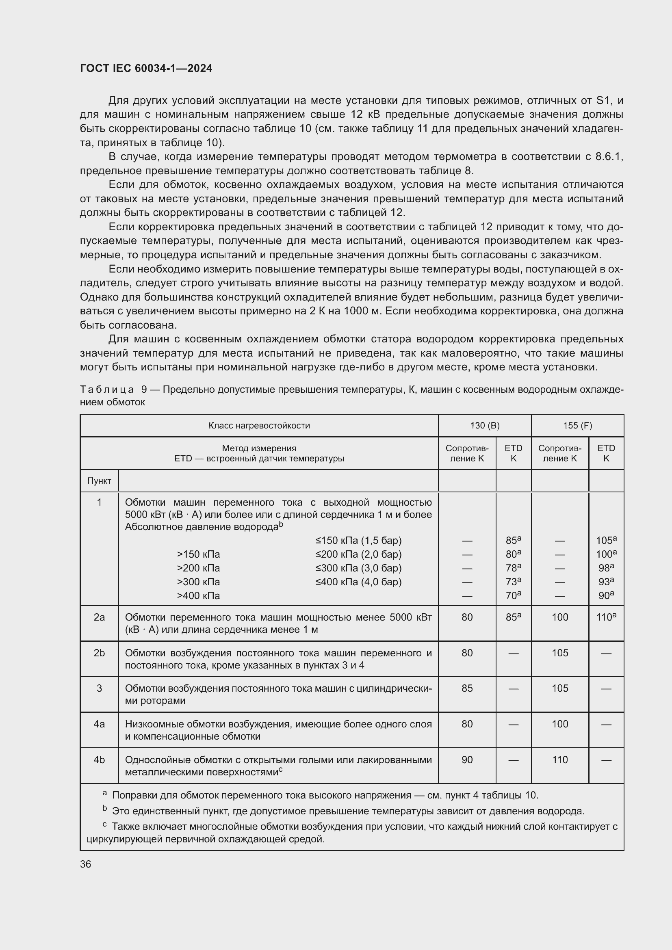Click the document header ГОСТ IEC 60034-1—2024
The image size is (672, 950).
click(x=146, y=68)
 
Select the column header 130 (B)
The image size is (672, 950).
click(x=485, y=425)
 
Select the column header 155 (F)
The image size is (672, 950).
click(x=577, y=425)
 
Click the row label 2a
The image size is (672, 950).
click(x=99, y=617)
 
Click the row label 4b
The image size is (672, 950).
click(x=99, y=760)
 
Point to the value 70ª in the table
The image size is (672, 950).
click(x=513, y=596)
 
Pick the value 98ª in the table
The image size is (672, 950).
click(x=606, y=568)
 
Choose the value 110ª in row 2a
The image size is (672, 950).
click(x=606, y=617)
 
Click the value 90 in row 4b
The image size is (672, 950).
click(x=467, y=760)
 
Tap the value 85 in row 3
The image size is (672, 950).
click(x=467, y=688)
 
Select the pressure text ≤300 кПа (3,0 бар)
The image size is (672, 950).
click(x=358, y=568)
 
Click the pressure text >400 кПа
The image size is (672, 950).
click(x=198, y=596)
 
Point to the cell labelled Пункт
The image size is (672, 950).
click(x=99, y=481)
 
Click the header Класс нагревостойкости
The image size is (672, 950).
click(x=259, y=425)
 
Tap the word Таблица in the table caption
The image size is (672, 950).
click(x=107, y=390)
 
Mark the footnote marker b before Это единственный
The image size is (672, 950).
click(x=105, y=808)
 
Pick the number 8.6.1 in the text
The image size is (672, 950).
click(x=609, y=156)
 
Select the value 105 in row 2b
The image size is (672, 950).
click(x=560, y=653)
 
